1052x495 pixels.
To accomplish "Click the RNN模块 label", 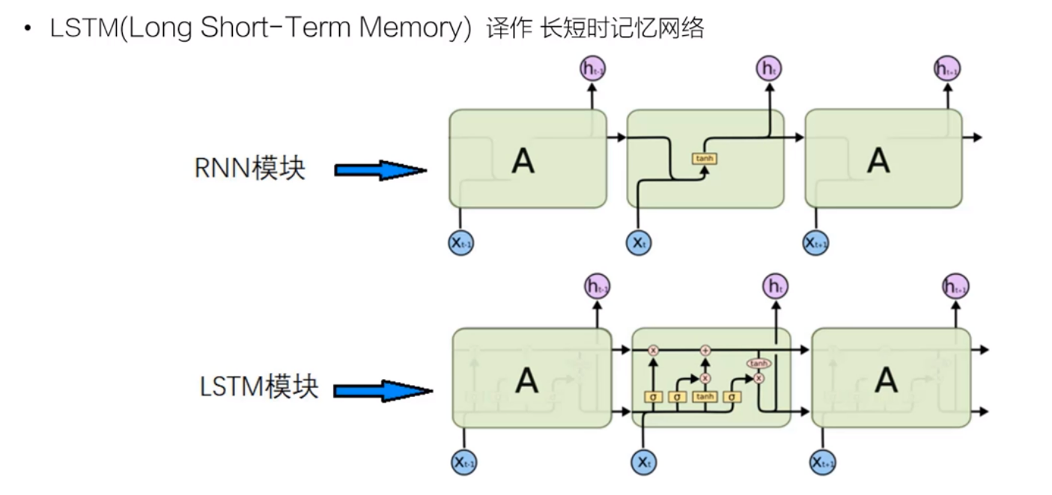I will (250, 168).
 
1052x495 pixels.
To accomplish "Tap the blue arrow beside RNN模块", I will (380, 171).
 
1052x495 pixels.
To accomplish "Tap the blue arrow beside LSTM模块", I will (383, 390).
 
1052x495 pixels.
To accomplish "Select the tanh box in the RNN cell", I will (705, 159).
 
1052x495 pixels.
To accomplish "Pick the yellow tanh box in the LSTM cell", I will (705, 397).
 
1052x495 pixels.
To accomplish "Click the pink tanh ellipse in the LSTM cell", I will (758, 363).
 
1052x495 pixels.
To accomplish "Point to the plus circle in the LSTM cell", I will (705, 350).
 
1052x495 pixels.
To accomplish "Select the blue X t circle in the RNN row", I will (637, 243).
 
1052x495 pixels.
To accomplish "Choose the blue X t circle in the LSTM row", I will (643, 462).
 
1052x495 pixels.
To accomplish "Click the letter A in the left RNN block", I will (523, 160).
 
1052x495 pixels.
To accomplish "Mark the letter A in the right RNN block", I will (878, 160).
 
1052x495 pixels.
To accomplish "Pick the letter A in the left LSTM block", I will (526, 380).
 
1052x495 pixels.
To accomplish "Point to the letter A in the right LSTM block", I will (886, 380).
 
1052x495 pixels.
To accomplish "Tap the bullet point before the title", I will (28, 29).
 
